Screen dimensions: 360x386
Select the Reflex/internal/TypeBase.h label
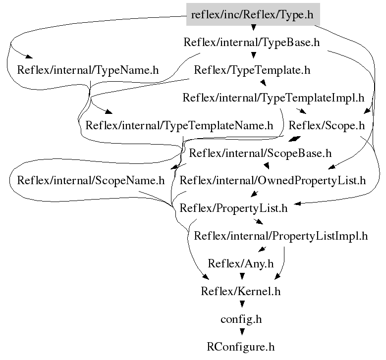click(252, 42)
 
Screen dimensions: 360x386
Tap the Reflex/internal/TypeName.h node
click(88, 70)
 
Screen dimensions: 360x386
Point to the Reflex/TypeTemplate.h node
click(252, 70)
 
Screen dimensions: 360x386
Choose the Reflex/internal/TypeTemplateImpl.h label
click(274, 98)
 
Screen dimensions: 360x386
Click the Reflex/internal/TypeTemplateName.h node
click(179, 125)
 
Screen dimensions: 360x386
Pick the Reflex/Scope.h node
click(327, 125)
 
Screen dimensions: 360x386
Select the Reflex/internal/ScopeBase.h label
click(261, 153)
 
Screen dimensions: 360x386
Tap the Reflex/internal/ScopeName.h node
click(91, 180)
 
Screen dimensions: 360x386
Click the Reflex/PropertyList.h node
click(234, 208)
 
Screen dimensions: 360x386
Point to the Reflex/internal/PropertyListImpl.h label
click(281, 236)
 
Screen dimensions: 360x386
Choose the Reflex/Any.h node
click(241, 263)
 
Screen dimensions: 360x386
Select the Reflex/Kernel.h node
click(241, 291)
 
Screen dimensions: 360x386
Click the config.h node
click(241, 319)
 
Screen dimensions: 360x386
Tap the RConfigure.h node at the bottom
click(241, 346)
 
